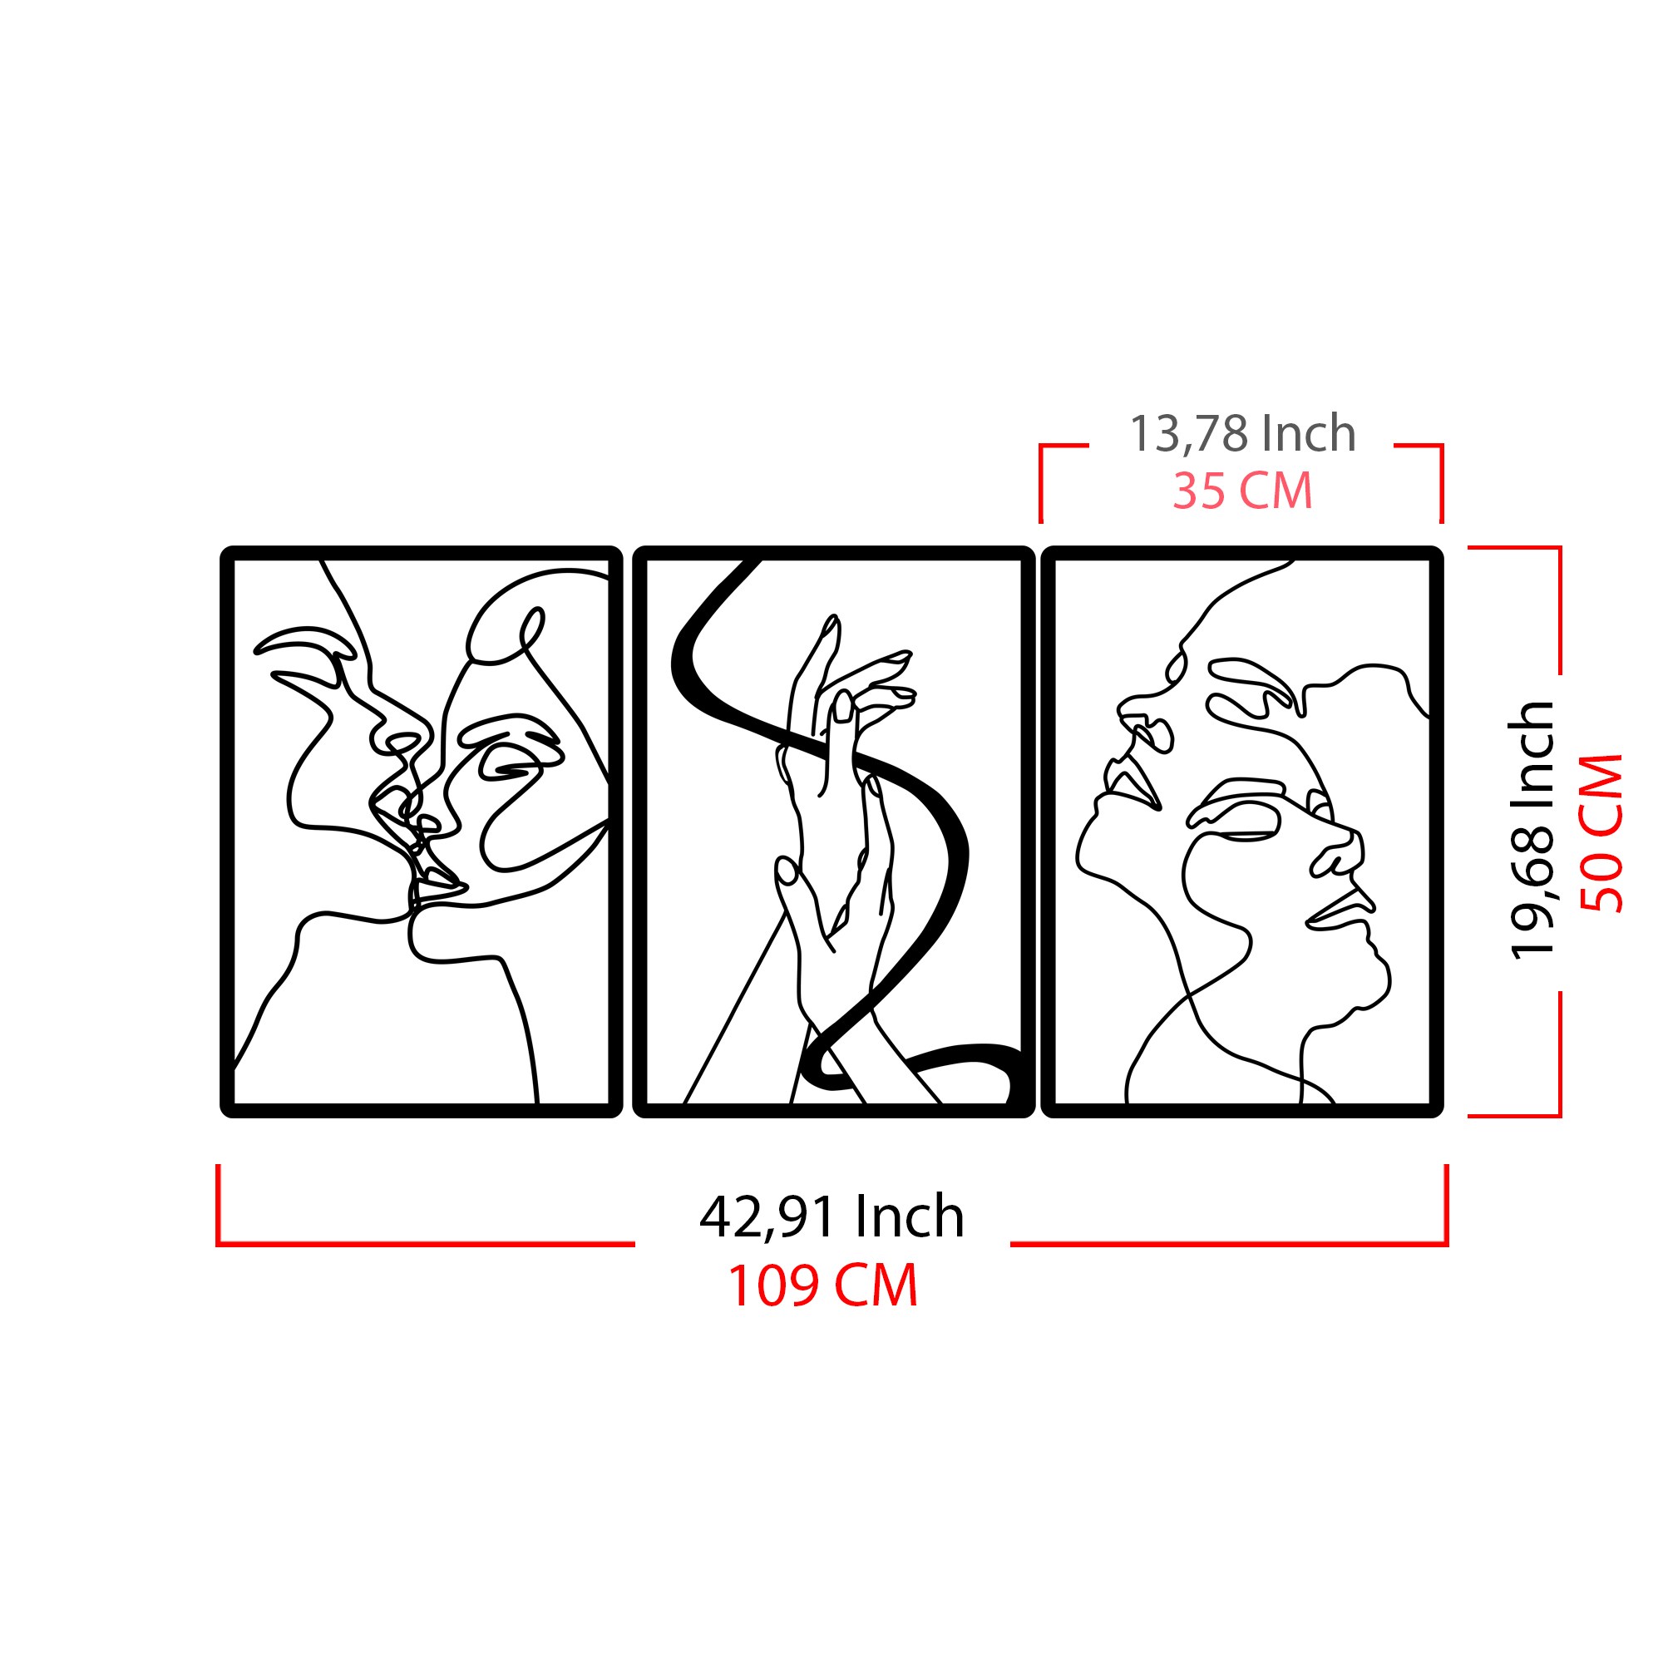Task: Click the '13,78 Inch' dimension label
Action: coord(1241,433)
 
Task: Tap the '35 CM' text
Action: coord(1242,491)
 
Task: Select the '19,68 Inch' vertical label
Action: coord(1533,831)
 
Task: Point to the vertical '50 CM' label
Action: coord(1601,833)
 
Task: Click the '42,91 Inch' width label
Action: coord(831,1217)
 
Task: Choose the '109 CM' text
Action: coord(823,1287)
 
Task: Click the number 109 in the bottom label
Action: coord(775,1287)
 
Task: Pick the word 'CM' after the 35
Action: coord(1276,491)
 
